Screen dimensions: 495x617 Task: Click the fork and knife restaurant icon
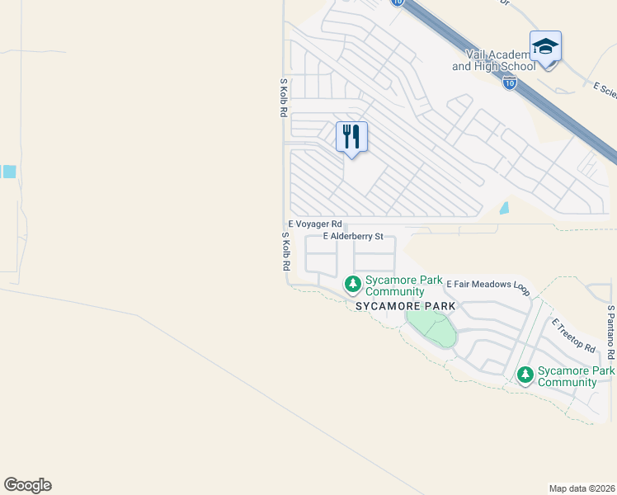[351, 137]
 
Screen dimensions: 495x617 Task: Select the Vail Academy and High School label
[492, 59]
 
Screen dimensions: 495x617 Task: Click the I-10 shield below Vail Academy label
[510, 83]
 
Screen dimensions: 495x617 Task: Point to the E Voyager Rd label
[315, 224]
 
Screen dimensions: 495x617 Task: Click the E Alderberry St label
[354, 236]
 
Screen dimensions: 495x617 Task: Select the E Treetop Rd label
[574, 336]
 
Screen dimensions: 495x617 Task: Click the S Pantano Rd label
[610, 332]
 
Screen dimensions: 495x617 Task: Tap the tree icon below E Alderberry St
[353, 285]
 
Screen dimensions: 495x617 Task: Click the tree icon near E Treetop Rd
[525, 375]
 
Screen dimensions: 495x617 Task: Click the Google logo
[27, 485]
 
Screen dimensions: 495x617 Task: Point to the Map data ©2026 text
[581, 488]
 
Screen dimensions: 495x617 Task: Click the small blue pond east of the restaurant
[505, 209]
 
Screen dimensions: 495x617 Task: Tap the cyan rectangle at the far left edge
[8, 172]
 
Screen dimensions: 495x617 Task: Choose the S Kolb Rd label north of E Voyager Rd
[282, 97]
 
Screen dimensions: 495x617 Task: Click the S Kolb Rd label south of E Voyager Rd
[285, 252]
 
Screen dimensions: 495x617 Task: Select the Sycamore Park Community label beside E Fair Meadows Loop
[394, 286]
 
